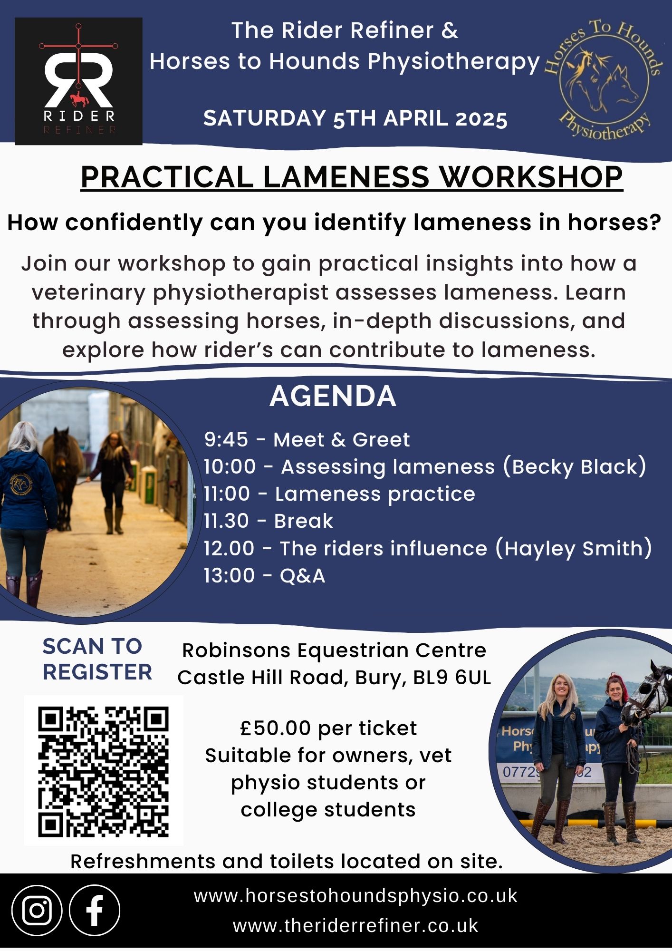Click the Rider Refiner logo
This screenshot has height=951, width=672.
[x=78, y=81]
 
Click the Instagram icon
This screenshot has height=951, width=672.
[x=37, y=911]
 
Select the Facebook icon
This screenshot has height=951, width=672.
[x=95, y=911]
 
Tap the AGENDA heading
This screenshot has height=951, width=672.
[x=333, y=396]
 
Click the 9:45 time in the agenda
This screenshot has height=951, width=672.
[x=226, y=440]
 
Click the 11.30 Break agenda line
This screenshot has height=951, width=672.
[x=269, y=521]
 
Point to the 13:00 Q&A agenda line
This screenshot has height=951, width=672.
[x=265, y=576]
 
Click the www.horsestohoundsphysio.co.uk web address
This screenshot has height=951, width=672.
[x=355, y=896]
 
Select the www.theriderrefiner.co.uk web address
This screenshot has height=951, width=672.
[x=355, y=926]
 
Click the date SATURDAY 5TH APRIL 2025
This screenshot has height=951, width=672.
[x=355, y=118]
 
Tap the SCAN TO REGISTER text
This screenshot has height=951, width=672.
[x=97, y=659]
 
